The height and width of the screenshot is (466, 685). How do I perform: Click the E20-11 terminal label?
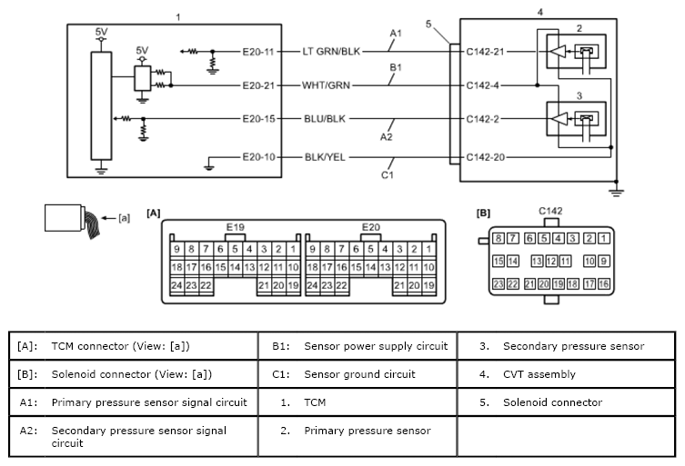pyautogui.click(x=258, y=52)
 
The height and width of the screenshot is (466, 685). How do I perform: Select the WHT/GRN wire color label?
pyautogui.click(x=326, y=85)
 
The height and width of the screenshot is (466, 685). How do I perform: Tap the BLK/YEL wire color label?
pyautogui.click(x=325, y=157)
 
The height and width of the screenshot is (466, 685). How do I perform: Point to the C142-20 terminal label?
pyautogui.click(x=486, y=157)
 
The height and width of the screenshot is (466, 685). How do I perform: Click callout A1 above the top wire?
pyautogui.click(x=396, y=34)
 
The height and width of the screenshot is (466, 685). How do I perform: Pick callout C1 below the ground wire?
pyautogui.click(x=387, y=175)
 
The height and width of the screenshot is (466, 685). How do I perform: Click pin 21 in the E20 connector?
pyautogui.click(x=399, y=285)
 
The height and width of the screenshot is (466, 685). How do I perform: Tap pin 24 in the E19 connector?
pyautogui.click(x=176, y=285)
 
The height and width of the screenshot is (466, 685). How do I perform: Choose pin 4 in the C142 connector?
pyautogui.click(x=558, y=238)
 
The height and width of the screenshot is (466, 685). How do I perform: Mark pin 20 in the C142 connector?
pyautogui.click(x=543, y=284)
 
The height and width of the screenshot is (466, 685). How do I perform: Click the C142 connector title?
pyautogui.click(x=550, y=211)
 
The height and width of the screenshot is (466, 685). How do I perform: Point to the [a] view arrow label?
pyautogui.click(x=124, y=218)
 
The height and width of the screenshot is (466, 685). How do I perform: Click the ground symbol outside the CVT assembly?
pyautogui.click(x=616, y=193)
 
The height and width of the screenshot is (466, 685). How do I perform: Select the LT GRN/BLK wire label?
pyautogui.click(x=331, y=52)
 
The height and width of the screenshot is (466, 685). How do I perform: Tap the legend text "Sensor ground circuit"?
pyautogui.click(x=359, y=374)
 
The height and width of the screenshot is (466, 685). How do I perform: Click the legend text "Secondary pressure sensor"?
pyautogui.click(x=574, y=346)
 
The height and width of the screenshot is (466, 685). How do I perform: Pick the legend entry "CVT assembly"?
pyautogui.click(x=539, y=374)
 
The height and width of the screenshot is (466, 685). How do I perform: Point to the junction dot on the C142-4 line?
pyautogui.click(x=538, y=85)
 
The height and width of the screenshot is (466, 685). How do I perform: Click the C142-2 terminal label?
pyautogui.click(x=482, y=119)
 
